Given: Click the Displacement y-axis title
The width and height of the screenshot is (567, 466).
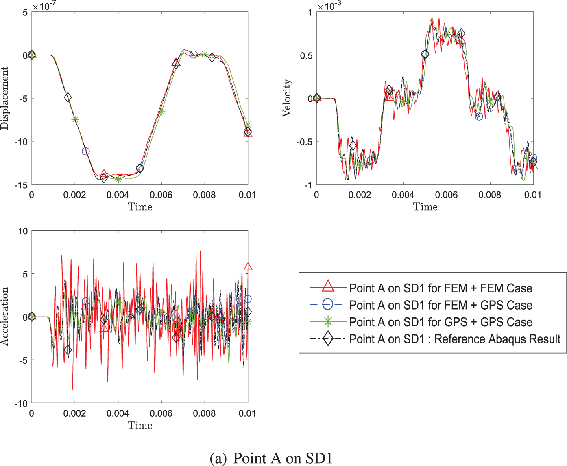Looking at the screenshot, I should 5,99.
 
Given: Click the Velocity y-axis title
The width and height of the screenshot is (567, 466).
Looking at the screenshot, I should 287,98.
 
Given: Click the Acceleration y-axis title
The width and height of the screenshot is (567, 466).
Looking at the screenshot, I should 5,317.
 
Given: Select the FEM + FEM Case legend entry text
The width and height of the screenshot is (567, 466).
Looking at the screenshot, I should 441,288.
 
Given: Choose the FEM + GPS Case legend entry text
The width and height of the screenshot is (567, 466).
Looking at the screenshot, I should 441,306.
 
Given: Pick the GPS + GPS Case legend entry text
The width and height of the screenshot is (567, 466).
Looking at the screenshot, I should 441,322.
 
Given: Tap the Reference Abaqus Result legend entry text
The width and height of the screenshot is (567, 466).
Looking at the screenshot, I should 455,339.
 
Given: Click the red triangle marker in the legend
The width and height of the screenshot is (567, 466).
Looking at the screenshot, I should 328,287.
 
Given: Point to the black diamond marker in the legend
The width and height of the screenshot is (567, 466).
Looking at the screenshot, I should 328,339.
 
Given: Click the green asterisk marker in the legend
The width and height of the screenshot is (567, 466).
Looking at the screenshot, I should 328,322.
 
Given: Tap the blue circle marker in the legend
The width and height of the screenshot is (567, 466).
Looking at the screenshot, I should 328,305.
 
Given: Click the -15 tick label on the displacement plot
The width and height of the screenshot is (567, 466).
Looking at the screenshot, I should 21,185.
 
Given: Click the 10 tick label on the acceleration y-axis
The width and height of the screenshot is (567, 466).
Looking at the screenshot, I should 23,231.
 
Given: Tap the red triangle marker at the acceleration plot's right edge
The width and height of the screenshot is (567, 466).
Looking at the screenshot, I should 248,267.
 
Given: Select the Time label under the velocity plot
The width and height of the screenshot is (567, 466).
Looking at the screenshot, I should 425,207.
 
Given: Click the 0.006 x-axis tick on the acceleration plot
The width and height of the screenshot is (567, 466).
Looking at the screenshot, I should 161,413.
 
